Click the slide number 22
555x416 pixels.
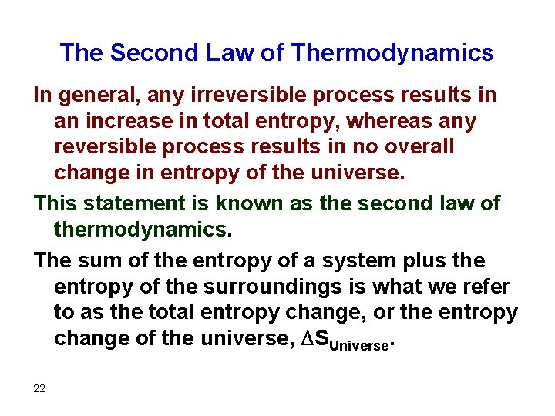point(39,388)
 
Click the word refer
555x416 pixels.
point(486,287)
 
